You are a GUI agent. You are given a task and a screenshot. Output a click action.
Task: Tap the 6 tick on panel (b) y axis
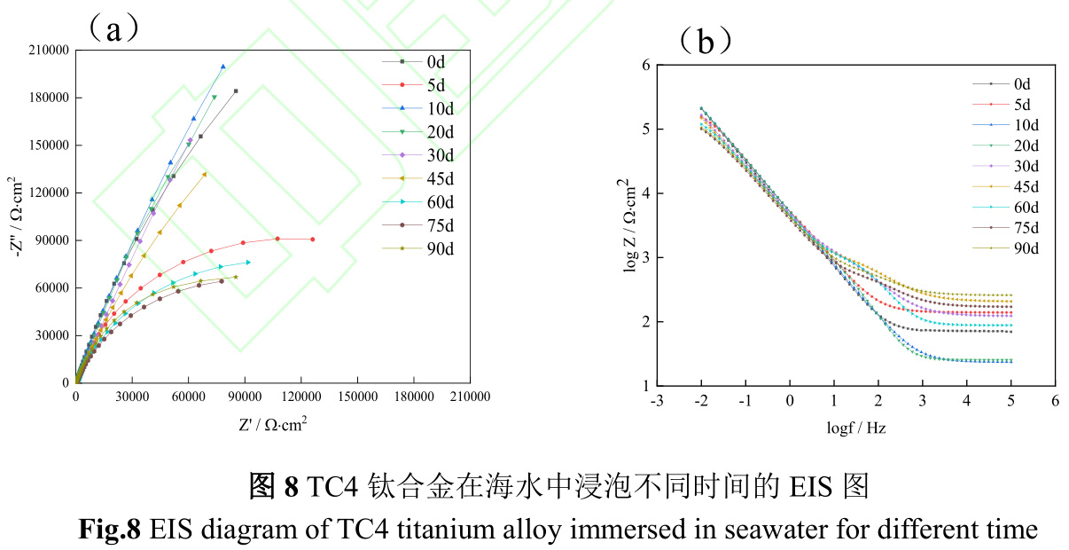pyautogui.click(x=646, y=65)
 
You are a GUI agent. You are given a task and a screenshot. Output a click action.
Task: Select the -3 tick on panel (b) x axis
pyautogui.click(x=656, y=401)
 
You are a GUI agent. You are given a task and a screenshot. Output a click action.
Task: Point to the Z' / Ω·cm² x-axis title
pyautogui.click(x=272, y=424)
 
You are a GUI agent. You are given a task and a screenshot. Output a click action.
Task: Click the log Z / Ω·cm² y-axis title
pyautogui.click(x=632, y=225)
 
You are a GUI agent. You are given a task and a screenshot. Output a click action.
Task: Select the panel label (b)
pyautogui.click(x=706, y=41)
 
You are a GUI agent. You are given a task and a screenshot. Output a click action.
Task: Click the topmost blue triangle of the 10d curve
pyautogui.click(x=223, y=67)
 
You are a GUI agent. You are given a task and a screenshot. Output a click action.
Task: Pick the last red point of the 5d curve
pyautogui.click(x=312, y=239)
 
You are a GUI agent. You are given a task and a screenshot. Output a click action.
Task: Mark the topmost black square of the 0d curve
pyautogui.click(x=236, y=90)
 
